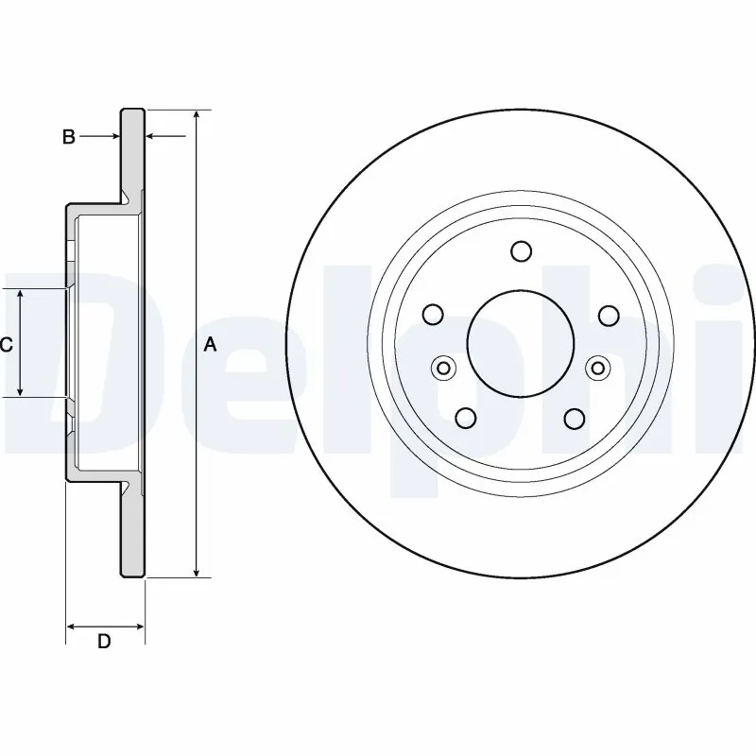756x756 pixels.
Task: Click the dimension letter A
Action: tap(210, 346)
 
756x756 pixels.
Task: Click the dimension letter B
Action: tap(68, 138)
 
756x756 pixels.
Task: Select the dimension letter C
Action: tap(6, 346)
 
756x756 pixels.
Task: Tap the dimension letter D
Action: tap(105, 642)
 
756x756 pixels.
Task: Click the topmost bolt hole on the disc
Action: tap(521, 251)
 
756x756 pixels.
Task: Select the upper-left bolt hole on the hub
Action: tap(434, 315)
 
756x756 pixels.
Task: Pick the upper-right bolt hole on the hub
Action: tap(608, 315)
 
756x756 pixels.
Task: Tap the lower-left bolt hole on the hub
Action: tap(466, 417)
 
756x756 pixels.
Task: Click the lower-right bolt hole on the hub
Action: tap(575, 417)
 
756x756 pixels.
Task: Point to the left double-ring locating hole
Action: tap(443, 368)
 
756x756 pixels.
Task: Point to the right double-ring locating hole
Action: tap(598, 368)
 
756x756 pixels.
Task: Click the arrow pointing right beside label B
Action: tap(114, 138)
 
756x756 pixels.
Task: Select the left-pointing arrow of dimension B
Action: tap(152, 138)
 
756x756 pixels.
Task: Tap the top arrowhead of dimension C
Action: tap(22, 295)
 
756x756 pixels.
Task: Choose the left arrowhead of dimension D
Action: tap(71, 626)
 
